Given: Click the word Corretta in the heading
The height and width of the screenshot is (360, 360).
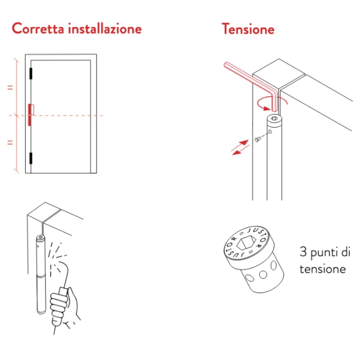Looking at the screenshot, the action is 38,28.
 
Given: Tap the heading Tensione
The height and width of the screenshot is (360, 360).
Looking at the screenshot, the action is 248,29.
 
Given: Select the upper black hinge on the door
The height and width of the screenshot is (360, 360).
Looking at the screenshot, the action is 31,73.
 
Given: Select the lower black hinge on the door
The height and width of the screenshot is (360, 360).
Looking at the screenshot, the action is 31,158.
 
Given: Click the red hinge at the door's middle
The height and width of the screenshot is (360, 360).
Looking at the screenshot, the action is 30,115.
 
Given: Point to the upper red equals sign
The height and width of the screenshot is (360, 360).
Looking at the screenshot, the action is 10,87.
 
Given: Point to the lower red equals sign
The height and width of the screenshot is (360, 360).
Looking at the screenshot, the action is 10,143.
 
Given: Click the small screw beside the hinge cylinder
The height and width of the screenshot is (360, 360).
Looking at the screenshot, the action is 257,139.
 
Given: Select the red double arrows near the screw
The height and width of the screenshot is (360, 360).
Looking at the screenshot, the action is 240,148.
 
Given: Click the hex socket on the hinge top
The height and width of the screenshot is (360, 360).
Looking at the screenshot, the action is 274,118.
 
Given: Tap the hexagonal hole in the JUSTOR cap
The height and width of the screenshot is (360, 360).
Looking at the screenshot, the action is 246,243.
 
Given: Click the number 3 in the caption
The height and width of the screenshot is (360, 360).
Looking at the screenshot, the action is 303,252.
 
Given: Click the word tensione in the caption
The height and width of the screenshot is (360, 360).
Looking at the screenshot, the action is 323,269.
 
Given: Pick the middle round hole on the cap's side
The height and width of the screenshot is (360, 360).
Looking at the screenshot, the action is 263,274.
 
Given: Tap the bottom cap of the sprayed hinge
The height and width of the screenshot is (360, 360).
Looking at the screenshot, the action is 41,312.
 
